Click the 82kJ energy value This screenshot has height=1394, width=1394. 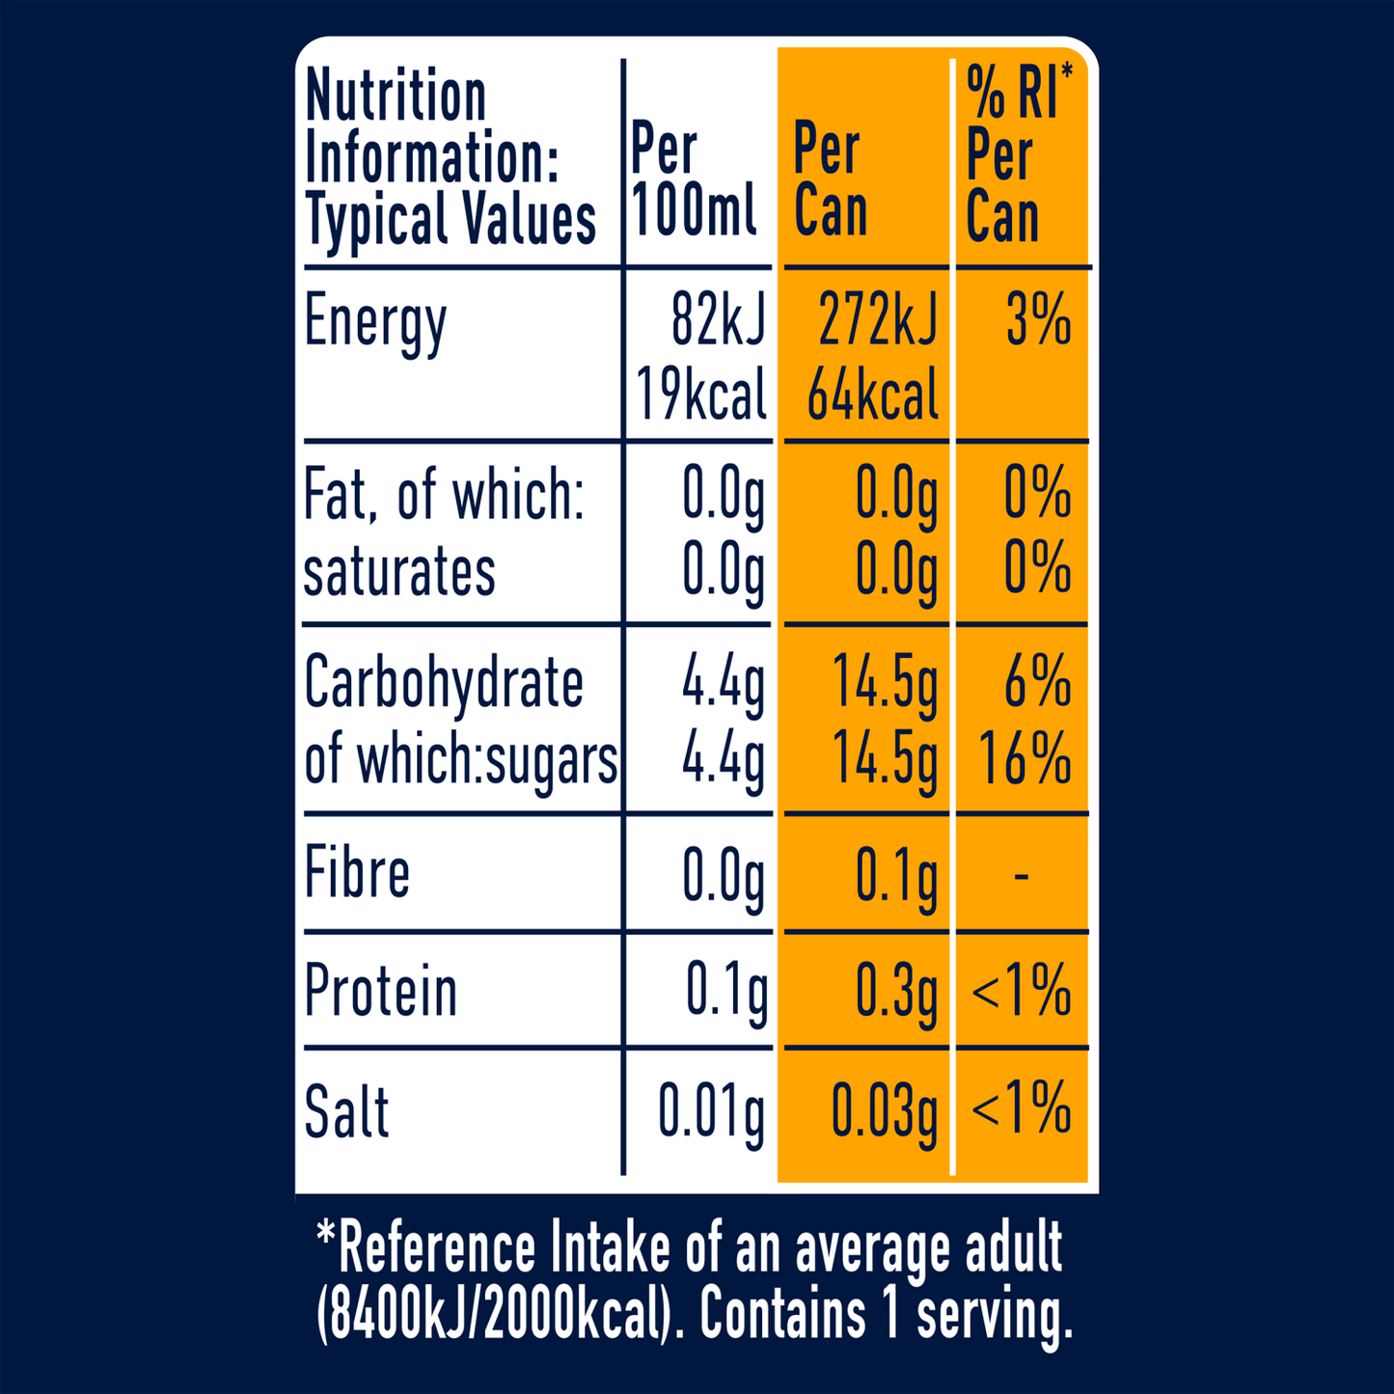[718, 320]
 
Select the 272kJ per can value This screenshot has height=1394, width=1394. [877, 320]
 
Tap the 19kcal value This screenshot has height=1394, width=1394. [701, 395]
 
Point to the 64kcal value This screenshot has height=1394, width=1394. [872, 395]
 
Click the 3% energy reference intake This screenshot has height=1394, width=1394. [1038, 320]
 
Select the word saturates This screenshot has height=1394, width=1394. [399, 571]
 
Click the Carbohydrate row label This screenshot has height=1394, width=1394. [444, 683]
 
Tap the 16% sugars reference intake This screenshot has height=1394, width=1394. [1025, 758]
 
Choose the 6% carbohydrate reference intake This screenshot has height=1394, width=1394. [1037, 683]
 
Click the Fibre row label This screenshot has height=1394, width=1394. [357, 873]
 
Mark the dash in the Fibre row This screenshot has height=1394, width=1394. [1022, 876]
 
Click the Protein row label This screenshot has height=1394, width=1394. [380, 992]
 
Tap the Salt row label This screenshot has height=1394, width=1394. [346, 1112]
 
